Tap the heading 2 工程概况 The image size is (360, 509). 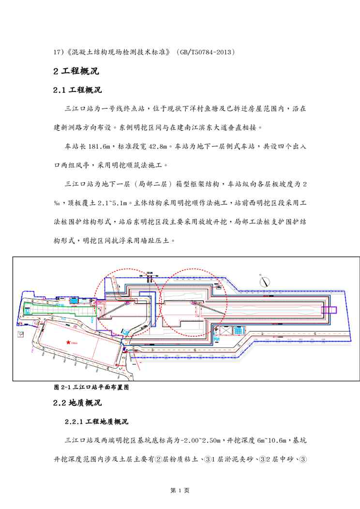(x=76, y=71)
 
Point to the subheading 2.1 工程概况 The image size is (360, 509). (x=77, y=90)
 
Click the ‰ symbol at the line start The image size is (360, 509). (x=57, y=203)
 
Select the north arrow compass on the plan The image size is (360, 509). (x=264, y=281)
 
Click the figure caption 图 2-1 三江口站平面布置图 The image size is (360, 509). (x=91, y=387)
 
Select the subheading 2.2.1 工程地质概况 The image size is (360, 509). (x=96, y=422)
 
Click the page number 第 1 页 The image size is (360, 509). (x=180, y=490)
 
